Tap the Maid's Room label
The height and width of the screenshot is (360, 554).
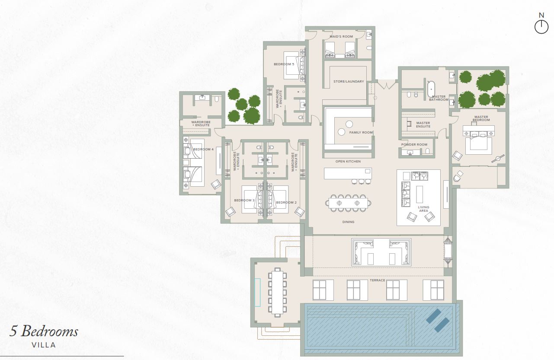(341, 37)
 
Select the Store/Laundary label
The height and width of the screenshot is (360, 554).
(349, 81)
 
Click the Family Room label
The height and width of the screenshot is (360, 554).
(361, 132)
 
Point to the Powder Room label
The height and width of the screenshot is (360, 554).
(414, 144)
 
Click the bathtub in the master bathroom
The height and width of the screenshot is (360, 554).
(431, 89)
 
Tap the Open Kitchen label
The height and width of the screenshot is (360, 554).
(348, 161)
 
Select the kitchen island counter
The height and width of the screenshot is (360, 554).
(348, 173)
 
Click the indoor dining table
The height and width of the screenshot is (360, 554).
(348, 203)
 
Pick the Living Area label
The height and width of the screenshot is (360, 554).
(423, 209)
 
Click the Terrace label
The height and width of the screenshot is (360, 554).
(378, 280)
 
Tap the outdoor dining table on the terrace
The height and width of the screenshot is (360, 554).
(277, 292)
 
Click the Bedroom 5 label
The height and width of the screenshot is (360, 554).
(284, 64)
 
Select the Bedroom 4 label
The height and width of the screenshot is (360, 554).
(203, 149)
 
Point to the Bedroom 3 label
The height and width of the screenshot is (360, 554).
(244, 200)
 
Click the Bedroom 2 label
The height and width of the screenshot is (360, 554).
(286, 202)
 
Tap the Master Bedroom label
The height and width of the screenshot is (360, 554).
(481, 118)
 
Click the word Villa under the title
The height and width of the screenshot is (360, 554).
(44, 345)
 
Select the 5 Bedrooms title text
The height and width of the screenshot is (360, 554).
(44, 331)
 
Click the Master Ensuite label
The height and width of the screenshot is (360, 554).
(423, 124)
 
